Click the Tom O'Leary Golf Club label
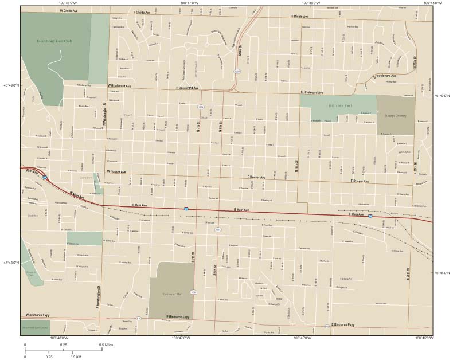(55, 41)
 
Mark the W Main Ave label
(77, 195)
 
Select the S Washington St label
(99, 296)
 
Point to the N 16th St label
(297, 166)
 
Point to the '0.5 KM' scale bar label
(76, 357)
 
